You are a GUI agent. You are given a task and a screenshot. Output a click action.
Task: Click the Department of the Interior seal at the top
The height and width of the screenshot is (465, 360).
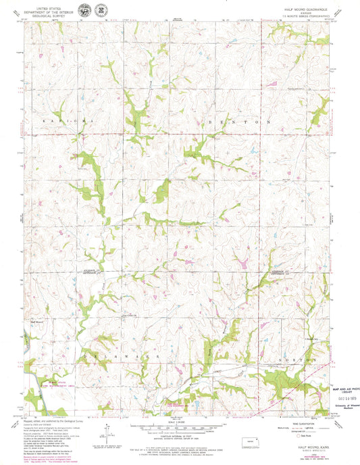[84, 11]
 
